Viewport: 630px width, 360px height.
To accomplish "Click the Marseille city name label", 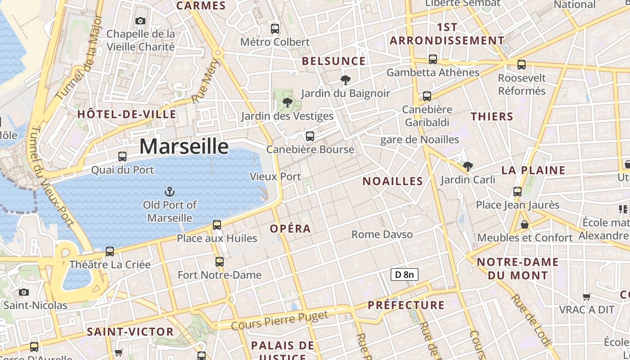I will [184, 147].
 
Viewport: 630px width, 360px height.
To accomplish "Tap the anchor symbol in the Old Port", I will [170, 192].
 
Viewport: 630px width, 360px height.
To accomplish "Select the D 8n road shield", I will [404, 274].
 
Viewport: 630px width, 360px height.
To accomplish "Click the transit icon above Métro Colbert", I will [275, 29].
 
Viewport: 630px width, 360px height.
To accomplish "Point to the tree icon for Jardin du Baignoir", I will [345, 80].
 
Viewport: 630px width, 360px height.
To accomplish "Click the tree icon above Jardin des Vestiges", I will [287, 103].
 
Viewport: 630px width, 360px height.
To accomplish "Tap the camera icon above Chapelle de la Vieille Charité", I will [140, 21].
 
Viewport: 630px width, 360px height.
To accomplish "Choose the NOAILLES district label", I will [393, 181].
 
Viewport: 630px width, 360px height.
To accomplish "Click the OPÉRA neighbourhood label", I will [290, 229].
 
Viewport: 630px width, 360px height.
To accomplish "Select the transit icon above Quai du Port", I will [122, 157].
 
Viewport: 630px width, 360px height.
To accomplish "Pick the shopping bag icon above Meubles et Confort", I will [525, 224].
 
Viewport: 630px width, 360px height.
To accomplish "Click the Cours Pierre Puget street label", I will [280, 320].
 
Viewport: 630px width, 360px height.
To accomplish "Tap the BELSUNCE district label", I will [333, 61].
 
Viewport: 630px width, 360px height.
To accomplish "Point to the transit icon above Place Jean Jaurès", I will [517, 192].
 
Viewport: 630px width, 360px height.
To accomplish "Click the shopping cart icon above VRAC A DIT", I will [587, 297].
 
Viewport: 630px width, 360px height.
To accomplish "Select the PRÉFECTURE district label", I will [406, 305].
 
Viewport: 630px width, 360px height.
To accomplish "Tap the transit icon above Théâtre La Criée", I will [110, 252].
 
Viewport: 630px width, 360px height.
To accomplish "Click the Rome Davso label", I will [382, 234].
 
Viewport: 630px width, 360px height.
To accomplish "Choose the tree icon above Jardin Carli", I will [468, 166].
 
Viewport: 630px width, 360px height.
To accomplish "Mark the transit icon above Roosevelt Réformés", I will [522, 65].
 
